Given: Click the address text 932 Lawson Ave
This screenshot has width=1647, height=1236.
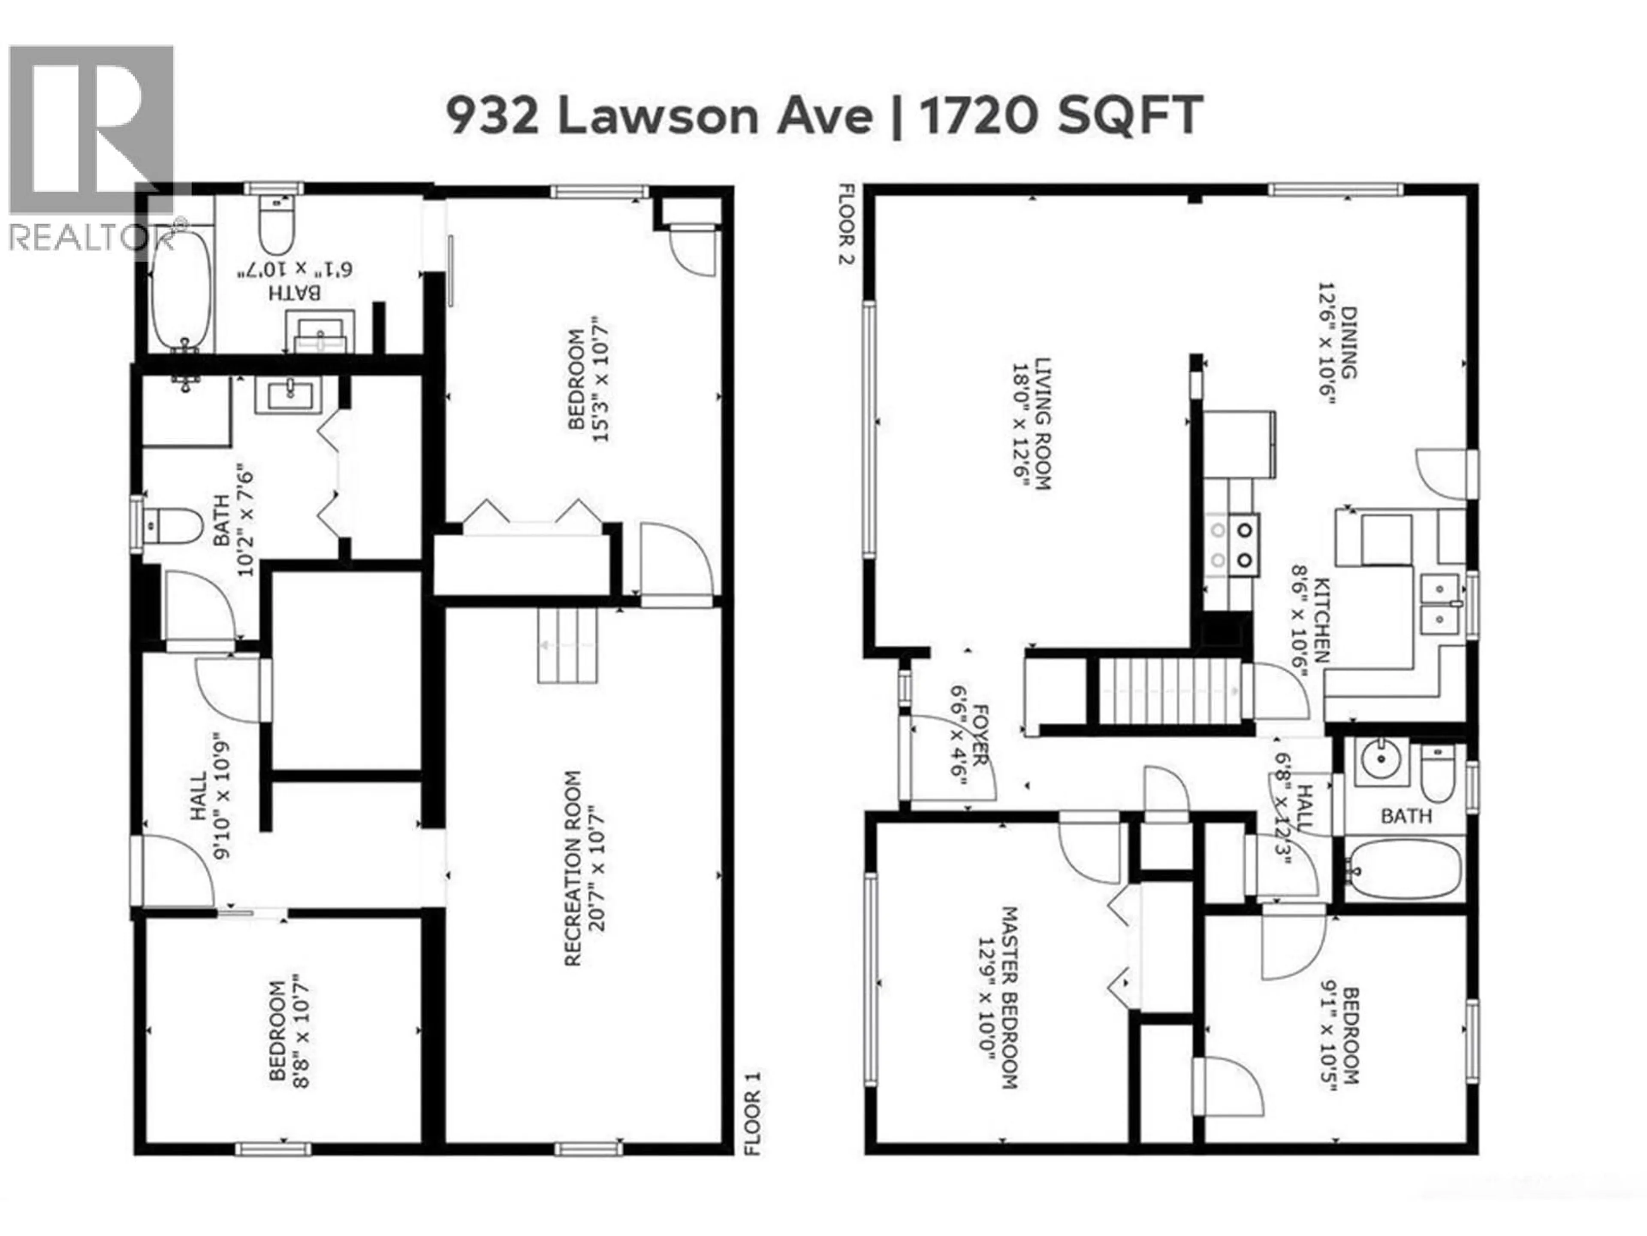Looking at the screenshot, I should point(659,116).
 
